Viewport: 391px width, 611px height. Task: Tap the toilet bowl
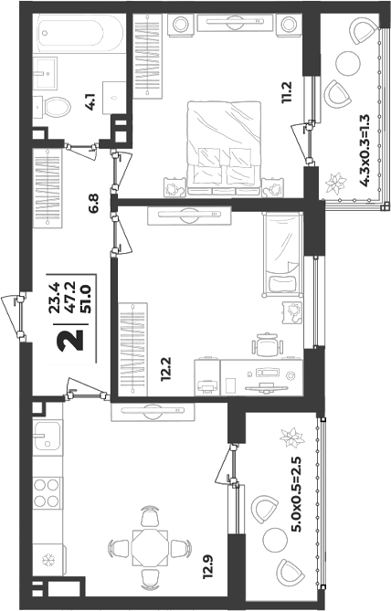[x=57, y=106]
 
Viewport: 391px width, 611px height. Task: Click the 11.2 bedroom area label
[x=287, y=92]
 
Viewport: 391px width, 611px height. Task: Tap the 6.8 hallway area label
[x=94, y=203]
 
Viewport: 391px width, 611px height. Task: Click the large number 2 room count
[x=70, y=340]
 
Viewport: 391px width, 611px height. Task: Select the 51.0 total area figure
[x=85, y=299]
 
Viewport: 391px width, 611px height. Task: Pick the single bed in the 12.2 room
[x=283, y=254]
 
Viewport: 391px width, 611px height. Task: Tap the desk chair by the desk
[x=268, y=344]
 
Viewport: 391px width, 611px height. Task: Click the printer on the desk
[x=207, y=386]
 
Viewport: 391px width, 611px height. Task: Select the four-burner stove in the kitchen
[x=47, y=492]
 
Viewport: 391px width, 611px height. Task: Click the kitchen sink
[x=47, y=436]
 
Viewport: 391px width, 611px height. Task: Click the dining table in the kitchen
[x=150, y=547]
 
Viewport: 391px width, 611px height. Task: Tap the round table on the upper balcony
[x=347, y=63]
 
